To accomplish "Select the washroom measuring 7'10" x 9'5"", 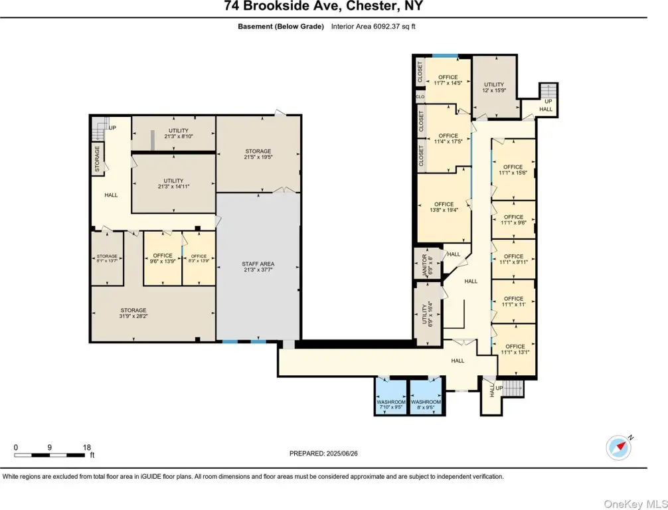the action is pos(391,397).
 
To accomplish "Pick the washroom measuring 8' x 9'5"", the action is pos(426,397).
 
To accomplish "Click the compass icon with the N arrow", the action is pos(619,448).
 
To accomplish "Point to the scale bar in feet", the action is pos(50,455).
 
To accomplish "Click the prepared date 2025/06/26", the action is pos(323,454).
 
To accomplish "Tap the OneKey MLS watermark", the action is pos(635,504).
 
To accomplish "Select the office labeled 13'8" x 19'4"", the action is pos(444,207).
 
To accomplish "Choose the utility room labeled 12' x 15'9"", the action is pos(494,87).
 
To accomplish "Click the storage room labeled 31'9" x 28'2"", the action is pos(133,313).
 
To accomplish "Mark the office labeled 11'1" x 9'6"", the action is pos(513,220).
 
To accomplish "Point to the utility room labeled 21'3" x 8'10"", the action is pos(174,133).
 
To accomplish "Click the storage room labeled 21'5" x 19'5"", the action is pos(258,154).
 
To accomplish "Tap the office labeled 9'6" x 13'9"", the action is pos(162,258).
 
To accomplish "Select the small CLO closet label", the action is pos(420,97).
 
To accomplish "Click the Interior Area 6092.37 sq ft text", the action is pos(373,27).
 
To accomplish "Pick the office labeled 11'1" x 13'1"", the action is pos(515,349).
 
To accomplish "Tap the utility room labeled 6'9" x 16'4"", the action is pos(428,314).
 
